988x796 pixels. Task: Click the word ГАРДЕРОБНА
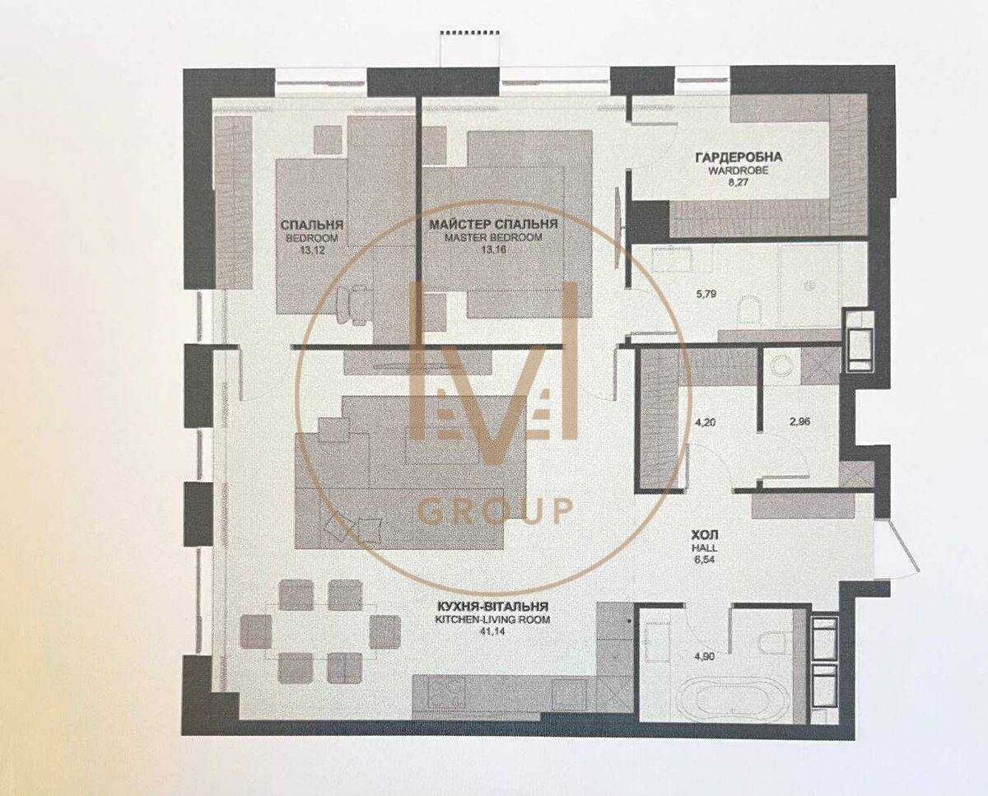click(x=739, y=157)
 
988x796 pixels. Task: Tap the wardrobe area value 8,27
click(x=739, y=182)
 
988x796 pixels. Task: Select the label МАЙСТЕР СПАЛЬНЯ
click(x=493, y=225)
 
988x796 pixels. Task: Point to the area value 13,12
click(x=312, y=250)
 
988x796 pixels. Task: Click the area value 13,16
click(x=494, y=249)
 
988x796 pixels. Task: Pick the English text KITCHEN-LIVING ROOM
click(x=492, y=619)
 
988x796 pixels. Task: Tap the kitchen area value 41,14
click(x=492, y=631)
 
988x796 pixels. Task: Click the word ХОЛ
click(x=704, y=535)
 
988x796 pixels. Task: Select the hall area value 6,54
click(x=704, y=561)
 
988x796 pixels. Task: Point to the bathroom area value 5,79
click(x=706, y=294)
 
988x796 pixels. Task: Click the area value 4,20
click(x=705, y=422)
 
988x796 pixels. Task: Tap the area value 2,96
click(x=799, y=421)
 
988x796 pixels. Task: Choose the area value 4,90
click(x=706, y=657)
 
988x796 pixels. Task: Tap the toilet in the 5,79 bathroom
click(x=749, y=311)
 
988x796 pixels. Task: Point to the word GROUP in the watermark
click(x=495, y=511)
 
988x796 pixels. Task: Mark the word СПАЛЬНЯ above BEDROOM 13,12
click(x=312, y=225)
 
